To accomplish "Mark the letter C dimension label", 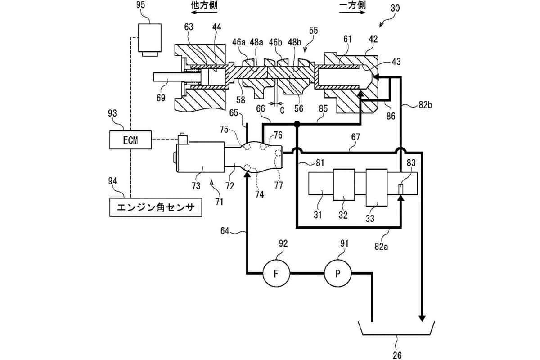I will pos(282,109).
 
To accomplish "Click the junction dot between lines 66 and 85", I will pos(297,124).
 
